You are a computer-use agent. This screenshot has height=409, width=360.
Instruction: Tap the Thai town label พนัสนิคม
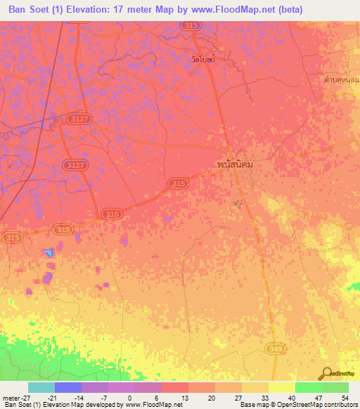tap(234, 164)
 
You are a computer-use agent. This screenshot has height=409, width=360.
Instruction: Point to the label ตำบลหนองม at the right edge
tap(341, 81)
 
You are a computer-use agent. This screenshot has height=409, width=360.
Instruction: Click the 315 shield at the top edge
tap(210, 25)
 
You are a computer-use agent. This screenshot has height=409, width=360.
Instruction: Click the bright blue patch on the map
tap(48, 252)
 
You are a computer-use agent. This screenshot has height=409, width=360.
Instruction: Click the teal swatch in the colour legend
tap(41, 387)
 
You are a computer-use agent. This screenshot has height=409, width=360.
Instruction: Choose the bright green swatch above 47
tap(308, 387)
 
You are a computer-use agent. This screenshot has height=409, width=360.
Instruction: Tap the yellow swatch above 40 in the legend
tap(281, 387)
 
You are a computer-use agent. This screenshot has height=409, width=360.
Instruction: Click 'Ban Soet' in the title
tap(30, 10)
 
